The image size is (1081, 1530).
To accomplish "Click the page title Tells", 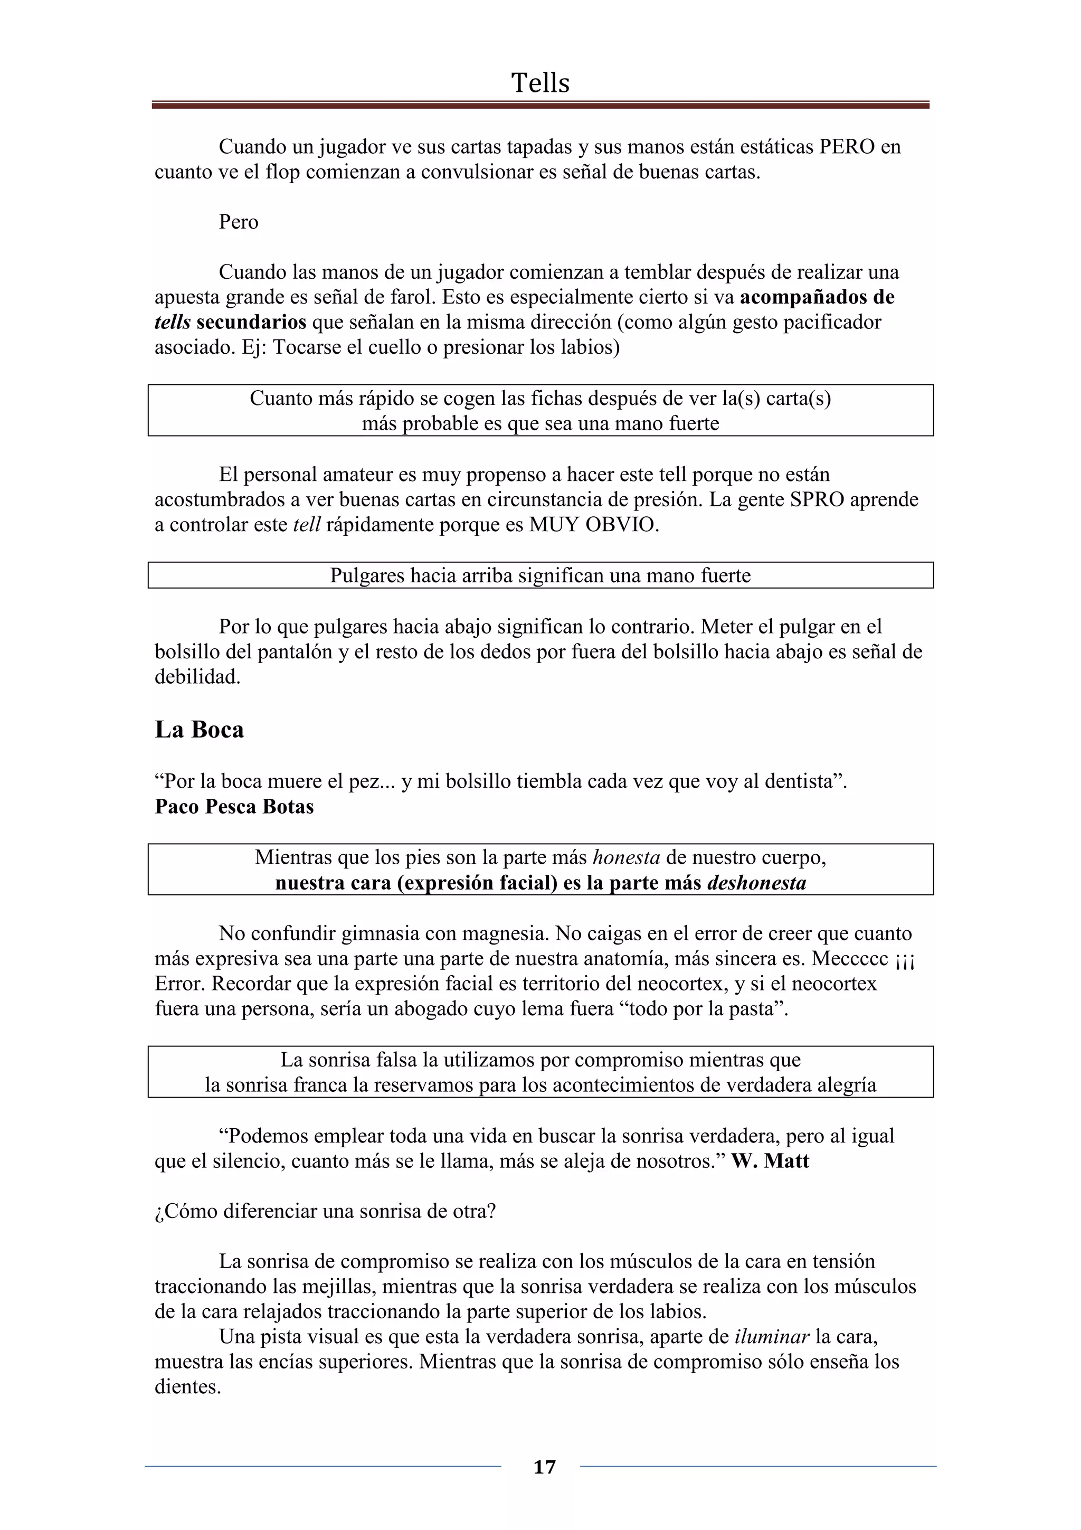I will (540, 83).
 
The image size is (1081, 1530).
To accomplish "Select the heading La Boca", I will (199, 730).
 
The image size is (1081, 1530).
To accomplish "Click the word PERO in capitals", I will (847, 147).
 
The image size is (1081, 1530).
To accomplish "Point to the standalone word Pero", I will (239, 222).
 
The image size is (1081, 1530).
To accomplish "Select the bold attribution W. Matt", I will (770, 1161).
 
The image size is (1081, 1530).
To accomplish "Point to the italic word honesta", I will (626, 857).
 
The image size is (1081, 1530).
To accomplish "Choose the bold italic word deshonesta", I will (756, 883).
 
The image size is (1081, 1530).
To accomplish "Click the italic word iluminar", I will (772, 1337).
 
